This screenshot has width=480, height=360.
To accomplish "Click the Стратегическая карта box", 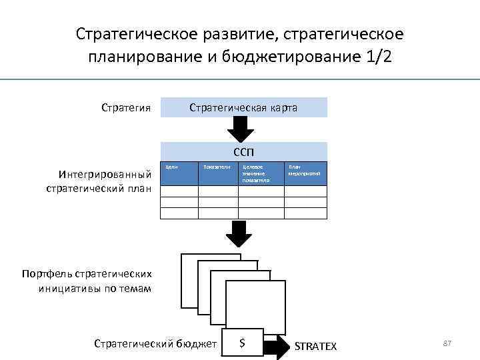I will point(243,107).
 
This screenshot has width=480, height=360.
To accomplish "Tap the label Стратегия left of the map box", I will point(126,107).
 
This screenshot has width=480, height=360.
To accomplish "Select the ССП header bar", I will point(243,151).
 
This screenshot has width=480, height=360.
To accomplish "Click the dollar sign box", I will point(242,343).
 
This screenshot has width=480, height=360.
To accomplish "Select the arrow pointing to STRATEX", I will point(275,345).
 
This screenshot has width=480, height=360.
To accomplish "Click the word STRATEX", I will point(315,346).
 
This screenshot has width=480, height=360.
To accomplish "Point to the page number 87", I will point(447,343).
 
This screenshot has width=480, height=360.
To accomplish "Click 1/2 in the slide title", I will point(379,57).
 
